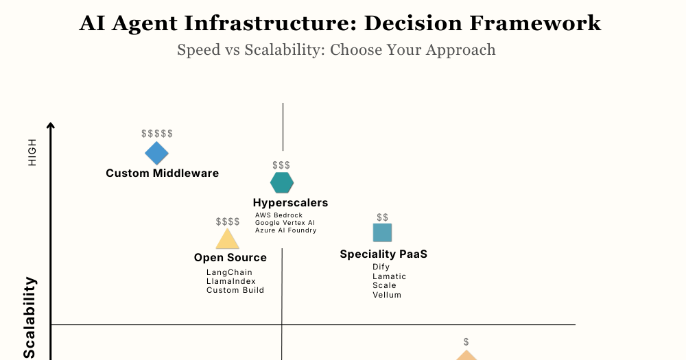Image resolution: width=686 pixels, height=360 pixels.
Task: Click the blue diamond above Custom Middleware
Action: click(156, 154)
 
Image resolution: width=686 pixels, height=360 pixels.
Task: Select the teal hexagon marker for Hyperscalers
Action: click(282, 183)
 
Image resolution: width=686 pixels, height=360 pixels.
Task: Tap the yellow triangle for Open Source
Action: click(227, 239)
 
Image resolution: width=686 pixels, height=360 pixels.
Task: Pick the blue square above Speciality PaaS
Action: click(382, 233)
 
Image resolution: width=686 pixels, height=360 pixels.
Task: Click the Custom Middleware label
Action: click(162, 173)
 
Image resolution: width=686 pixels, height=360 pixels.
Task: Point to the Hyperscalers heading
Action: click(290, 203)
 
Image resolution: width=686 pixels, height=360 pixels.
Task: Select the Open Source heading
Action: click(230, 258)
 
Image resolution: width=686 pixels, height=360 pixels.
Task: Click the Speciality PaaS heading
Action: click(383, 254)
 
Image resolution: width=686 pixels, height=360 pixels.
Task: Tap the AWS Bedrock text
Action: click(279, 215)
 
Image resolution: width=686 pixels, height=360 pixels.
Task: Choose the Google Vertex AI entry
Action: click(285, 223)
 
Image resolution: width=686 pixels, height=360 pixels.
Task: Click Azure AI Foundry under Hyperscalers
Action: click(285, 230)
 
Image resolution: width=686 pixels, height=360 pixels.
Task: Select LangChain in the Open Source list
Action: click(229, 272)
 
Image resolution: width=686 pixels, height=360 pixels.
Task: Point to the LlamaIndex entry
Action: click(230, 281)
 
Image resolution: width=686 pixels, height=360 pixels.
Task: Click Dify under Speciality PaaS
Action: click(381, 267)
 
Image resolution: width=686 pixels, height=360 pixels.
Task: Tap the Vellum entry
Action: click(387, 295)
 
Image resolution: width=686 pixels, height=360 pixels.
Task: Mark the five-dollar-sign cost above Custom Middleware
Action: click(157, 134)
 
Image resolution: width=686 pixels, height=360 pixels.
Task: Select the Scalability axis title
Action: click(29, 317)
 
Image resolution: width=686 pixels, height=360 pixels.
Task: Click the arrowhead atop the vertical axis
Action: click(50, 125)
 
